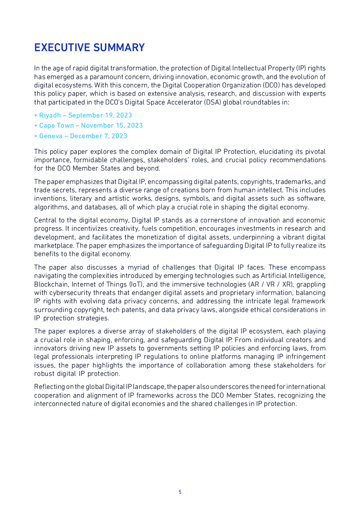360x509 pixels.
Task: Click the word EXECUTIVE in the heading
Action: pos(62,48)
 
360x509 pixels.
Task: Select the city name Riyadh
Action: pos(50,115)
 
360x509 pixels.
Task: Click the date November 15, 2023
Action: pos(112,126)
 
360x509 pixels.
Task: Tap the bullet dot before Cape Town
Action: pos(36,126)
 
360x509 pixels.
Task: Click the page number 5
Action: pos(180,492)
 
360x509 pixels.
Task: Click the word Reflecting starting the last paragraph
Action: pos(49,387)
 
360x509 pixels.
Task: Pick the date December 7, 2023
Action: pos(99,136)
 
